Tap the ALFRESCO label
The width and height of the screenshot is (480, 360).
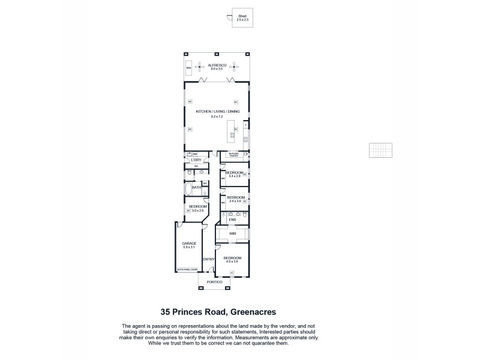tap(216, 65)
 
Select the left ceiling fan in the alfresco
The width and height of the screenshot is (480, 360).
tap(201, 68)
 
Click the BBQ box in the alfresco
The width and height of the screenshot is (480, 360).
tap(188, 68)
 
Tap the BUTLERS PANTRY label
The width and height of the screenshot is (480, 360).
tap(233, 154)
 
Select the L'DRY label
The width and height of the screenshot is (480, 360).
tap(195, 160)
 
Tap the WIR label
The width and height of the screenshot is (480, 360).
tap(232, 233)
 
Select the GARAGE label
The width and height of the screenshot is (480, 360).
tap(189, 243)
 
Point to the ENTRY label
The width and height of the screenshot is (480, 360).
tap(209, 259)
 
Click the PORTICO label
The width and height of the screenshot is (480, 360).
tap(214, 282)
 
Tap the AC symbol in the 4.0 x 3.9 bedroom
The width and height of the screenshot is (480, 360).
tap(232, 272)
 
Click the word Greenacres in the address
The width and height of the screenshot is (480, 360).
tap(251, 311)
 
